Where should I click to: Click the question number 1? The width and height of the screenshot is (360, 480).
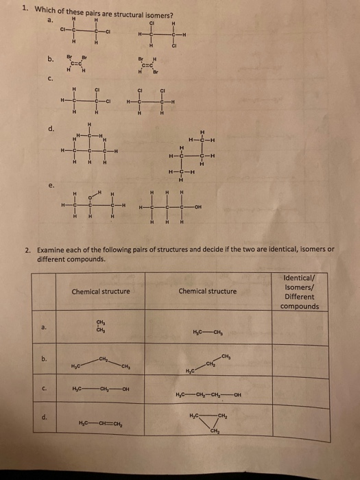pyautogui.click(x=24, y=9)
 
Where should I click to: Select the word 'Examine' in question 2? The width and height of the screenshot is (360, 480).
pyautogui.click(x=52, y=250)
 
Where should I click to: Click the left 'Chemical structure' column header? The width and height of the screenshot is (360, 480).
pyautogui.click(x=101, y=291)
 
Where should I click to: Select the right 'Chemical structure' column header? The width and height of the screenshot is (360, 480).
pyautogui.click(x=207, y=291)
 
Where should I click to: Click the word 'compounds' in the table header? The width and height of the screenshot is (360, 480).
pyautogui.click(x=300, y=306)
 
